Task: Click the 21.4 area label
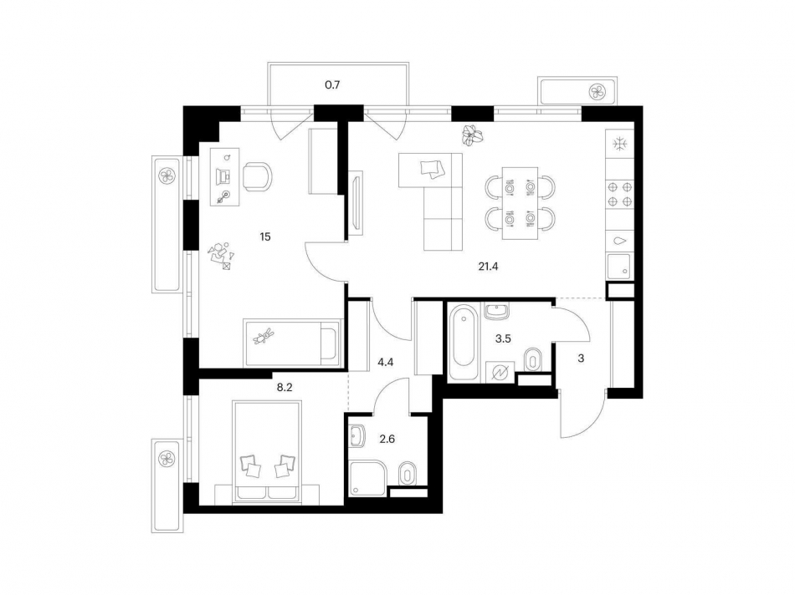488,267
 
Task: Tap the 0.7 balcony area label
332,85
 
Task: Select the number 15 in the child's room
265,236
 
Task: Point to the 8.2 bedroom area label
285,388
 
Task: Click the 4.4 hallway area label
386,363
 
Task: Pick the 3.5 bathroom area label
503,338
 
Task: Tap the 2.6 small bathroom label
387,439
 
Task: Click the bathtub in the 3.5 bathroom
464,341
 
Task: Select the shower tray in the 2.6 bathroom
368,477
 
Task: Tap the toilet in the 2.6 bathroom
408,474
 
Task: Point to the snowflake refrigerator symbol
620,145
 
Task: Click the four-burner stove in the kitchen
620,194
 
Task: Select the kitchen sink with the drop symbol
620,242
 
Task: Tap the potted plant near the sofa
473,135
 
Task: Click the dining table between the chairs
521,203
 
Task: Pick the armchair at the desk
257,176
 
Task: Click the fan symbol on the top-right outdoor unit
597,92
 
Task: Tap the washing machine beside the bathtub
500,374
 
